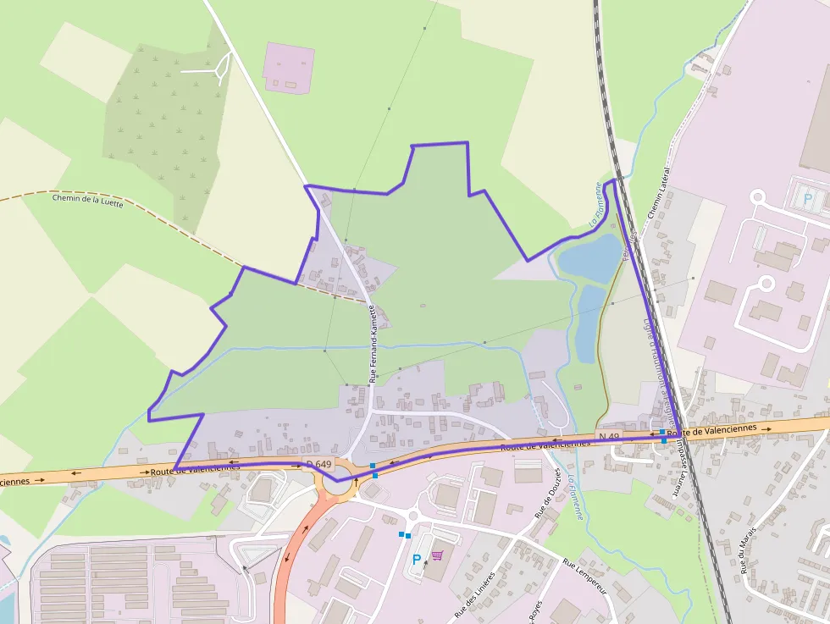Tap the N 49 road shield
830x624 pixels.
tap(609, 436)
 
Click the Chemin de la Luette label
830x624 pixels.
tap(88, 201)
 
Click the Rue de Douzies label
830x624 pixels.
tap(548, 493)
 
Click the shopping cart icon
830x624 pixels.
tap(437, 556)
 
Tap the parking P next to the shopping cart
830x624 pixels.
tap(416, 560)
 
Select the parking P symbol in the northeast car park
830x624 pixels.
tap(807, 201)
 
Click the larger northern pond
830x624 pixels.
tap(590, 257)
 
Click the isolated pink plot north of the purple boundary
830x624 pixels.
tap(289, 67)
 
